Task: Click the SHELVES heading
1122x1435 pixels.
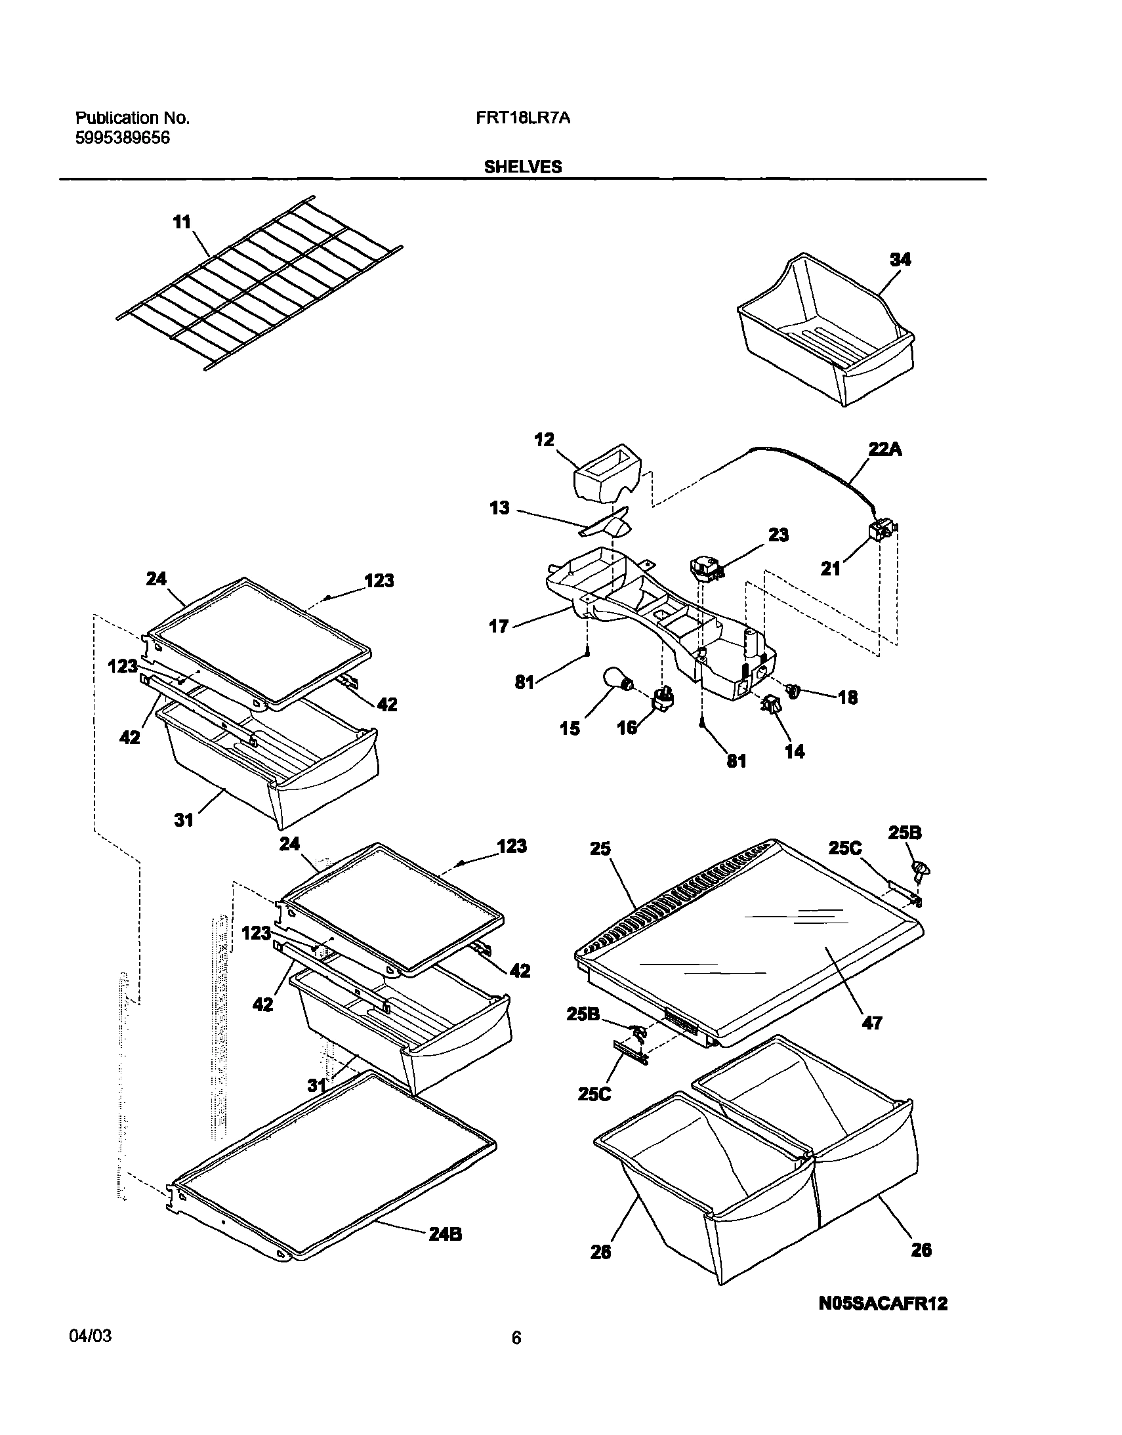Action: pyautogui.click(x=523, y=167)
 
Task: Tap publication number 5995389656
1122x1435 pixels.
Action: pyautogui.click(x=122, y=137)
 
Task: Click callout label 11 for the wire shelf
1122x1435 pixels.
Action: pyautogui.click(x=182, y=222)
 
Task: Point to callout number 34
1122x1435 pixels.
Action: pyautogui.click(x=900, y=260)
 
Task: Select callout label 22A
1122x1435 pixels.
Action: pyautogui.click(x=885, y=449)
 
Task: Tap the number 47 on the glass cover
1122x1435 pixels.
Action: pyautogui.click(x=871, y=1023)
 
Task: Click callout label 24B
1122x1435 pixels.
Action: pyautogui.click(x=445, y=1234)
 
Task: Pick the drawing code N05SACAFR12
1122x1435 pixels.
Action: pyautogui.click(x=884, y=1304)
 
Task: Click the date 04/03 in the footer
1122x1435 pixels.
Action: pyautogui.click(x=90, y=1336)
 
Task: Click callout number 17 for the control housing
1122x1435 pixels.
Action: pyautogui.click(x=499, y=626)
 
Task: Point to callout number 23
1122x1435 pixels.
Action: pyautogui.click(x=778, y=535)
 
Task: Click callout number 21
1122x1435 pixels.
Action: pyautogui.click(x=830, y=568)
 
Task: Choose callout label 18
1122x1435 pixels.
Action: pyautogui.click(x=848, y=697)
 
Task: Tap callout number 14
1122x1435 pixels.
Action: pyautogui.click(x=794, y=751)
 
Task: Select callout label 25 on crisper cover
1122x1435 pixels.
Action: pyautogui.click(x=600, y=849)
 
